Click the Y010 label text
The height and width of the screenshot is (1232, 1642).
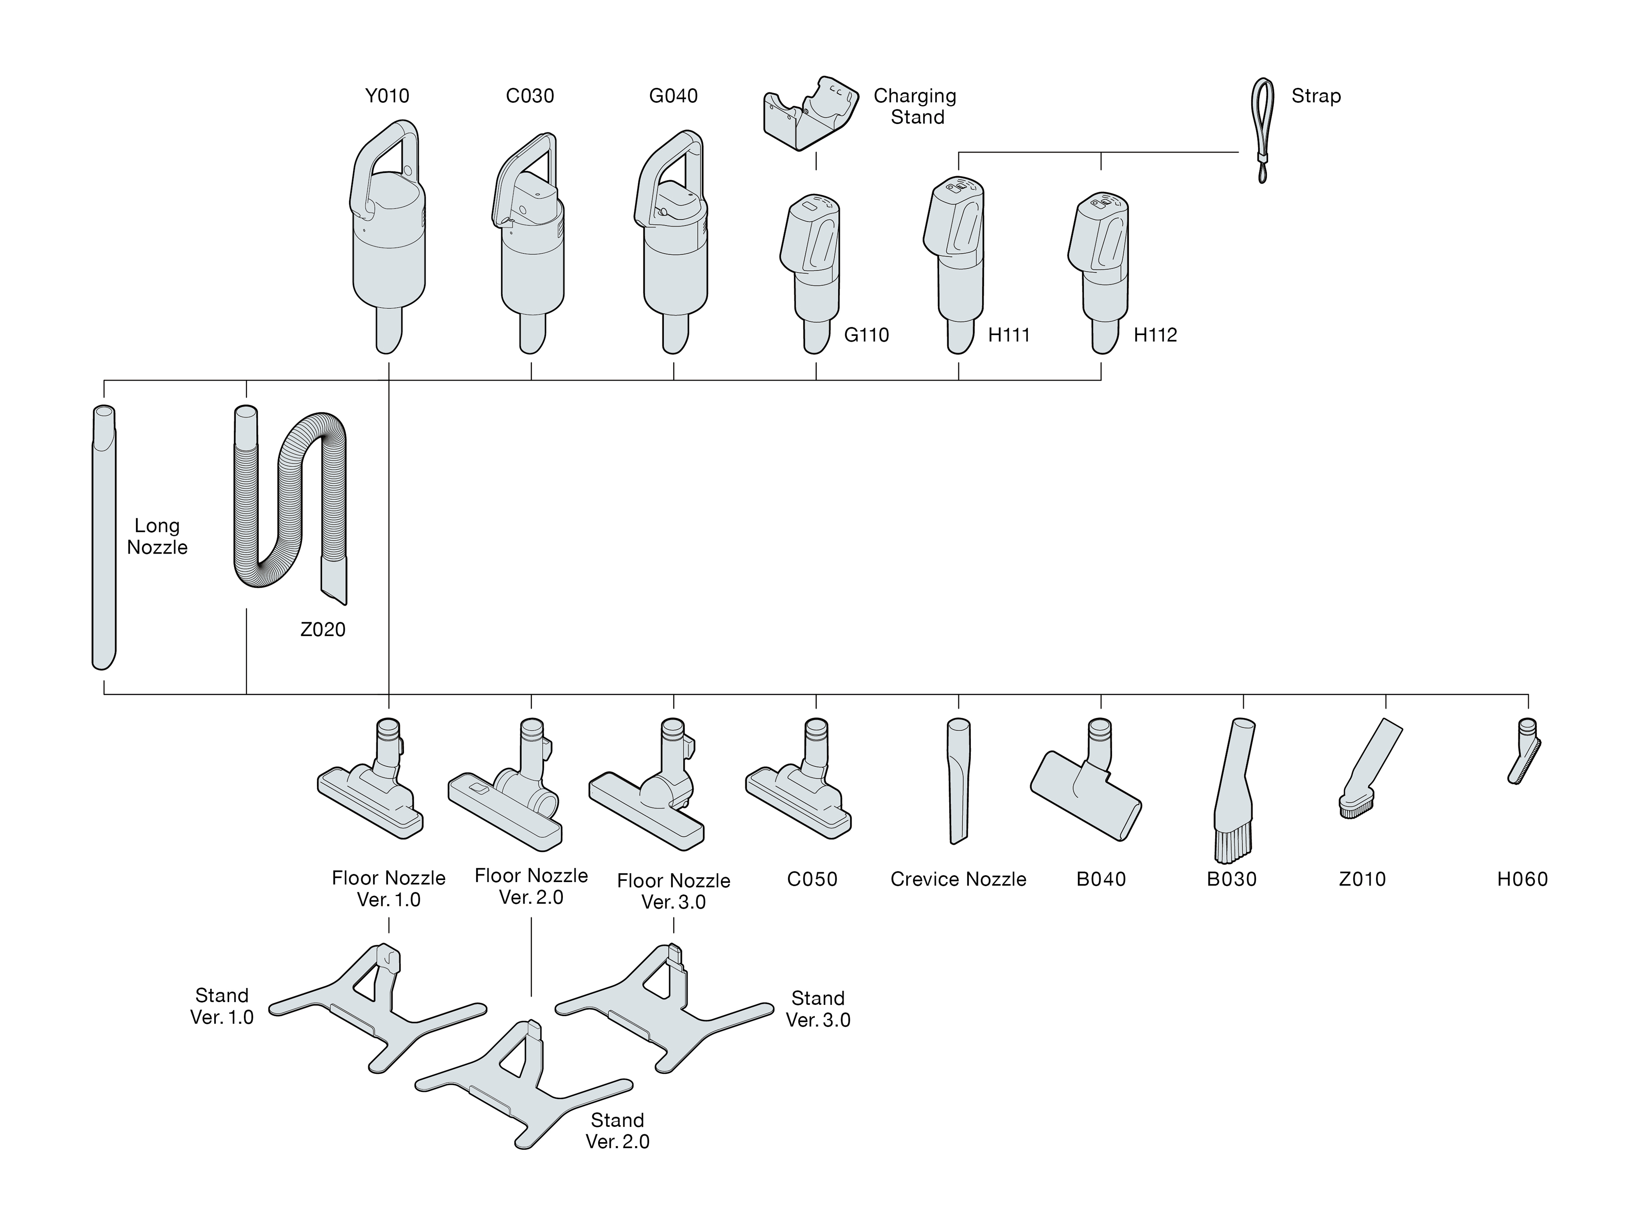click(x=387, y=96)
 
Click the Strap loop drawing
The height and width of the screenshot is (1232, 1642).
click(x=1262, y=126)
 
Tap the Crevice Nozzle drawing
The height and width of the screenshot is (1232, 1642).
click(x=959, y=780)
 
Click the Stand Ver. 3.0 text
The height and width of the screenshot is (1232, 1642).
click(x=817, y=1009)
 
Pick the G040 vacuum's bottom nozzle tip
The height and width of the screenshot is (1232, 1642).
click(x=673, y=338)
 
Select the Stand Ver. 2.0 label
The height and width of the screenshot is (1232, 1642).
click(x=617, y=1130)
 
